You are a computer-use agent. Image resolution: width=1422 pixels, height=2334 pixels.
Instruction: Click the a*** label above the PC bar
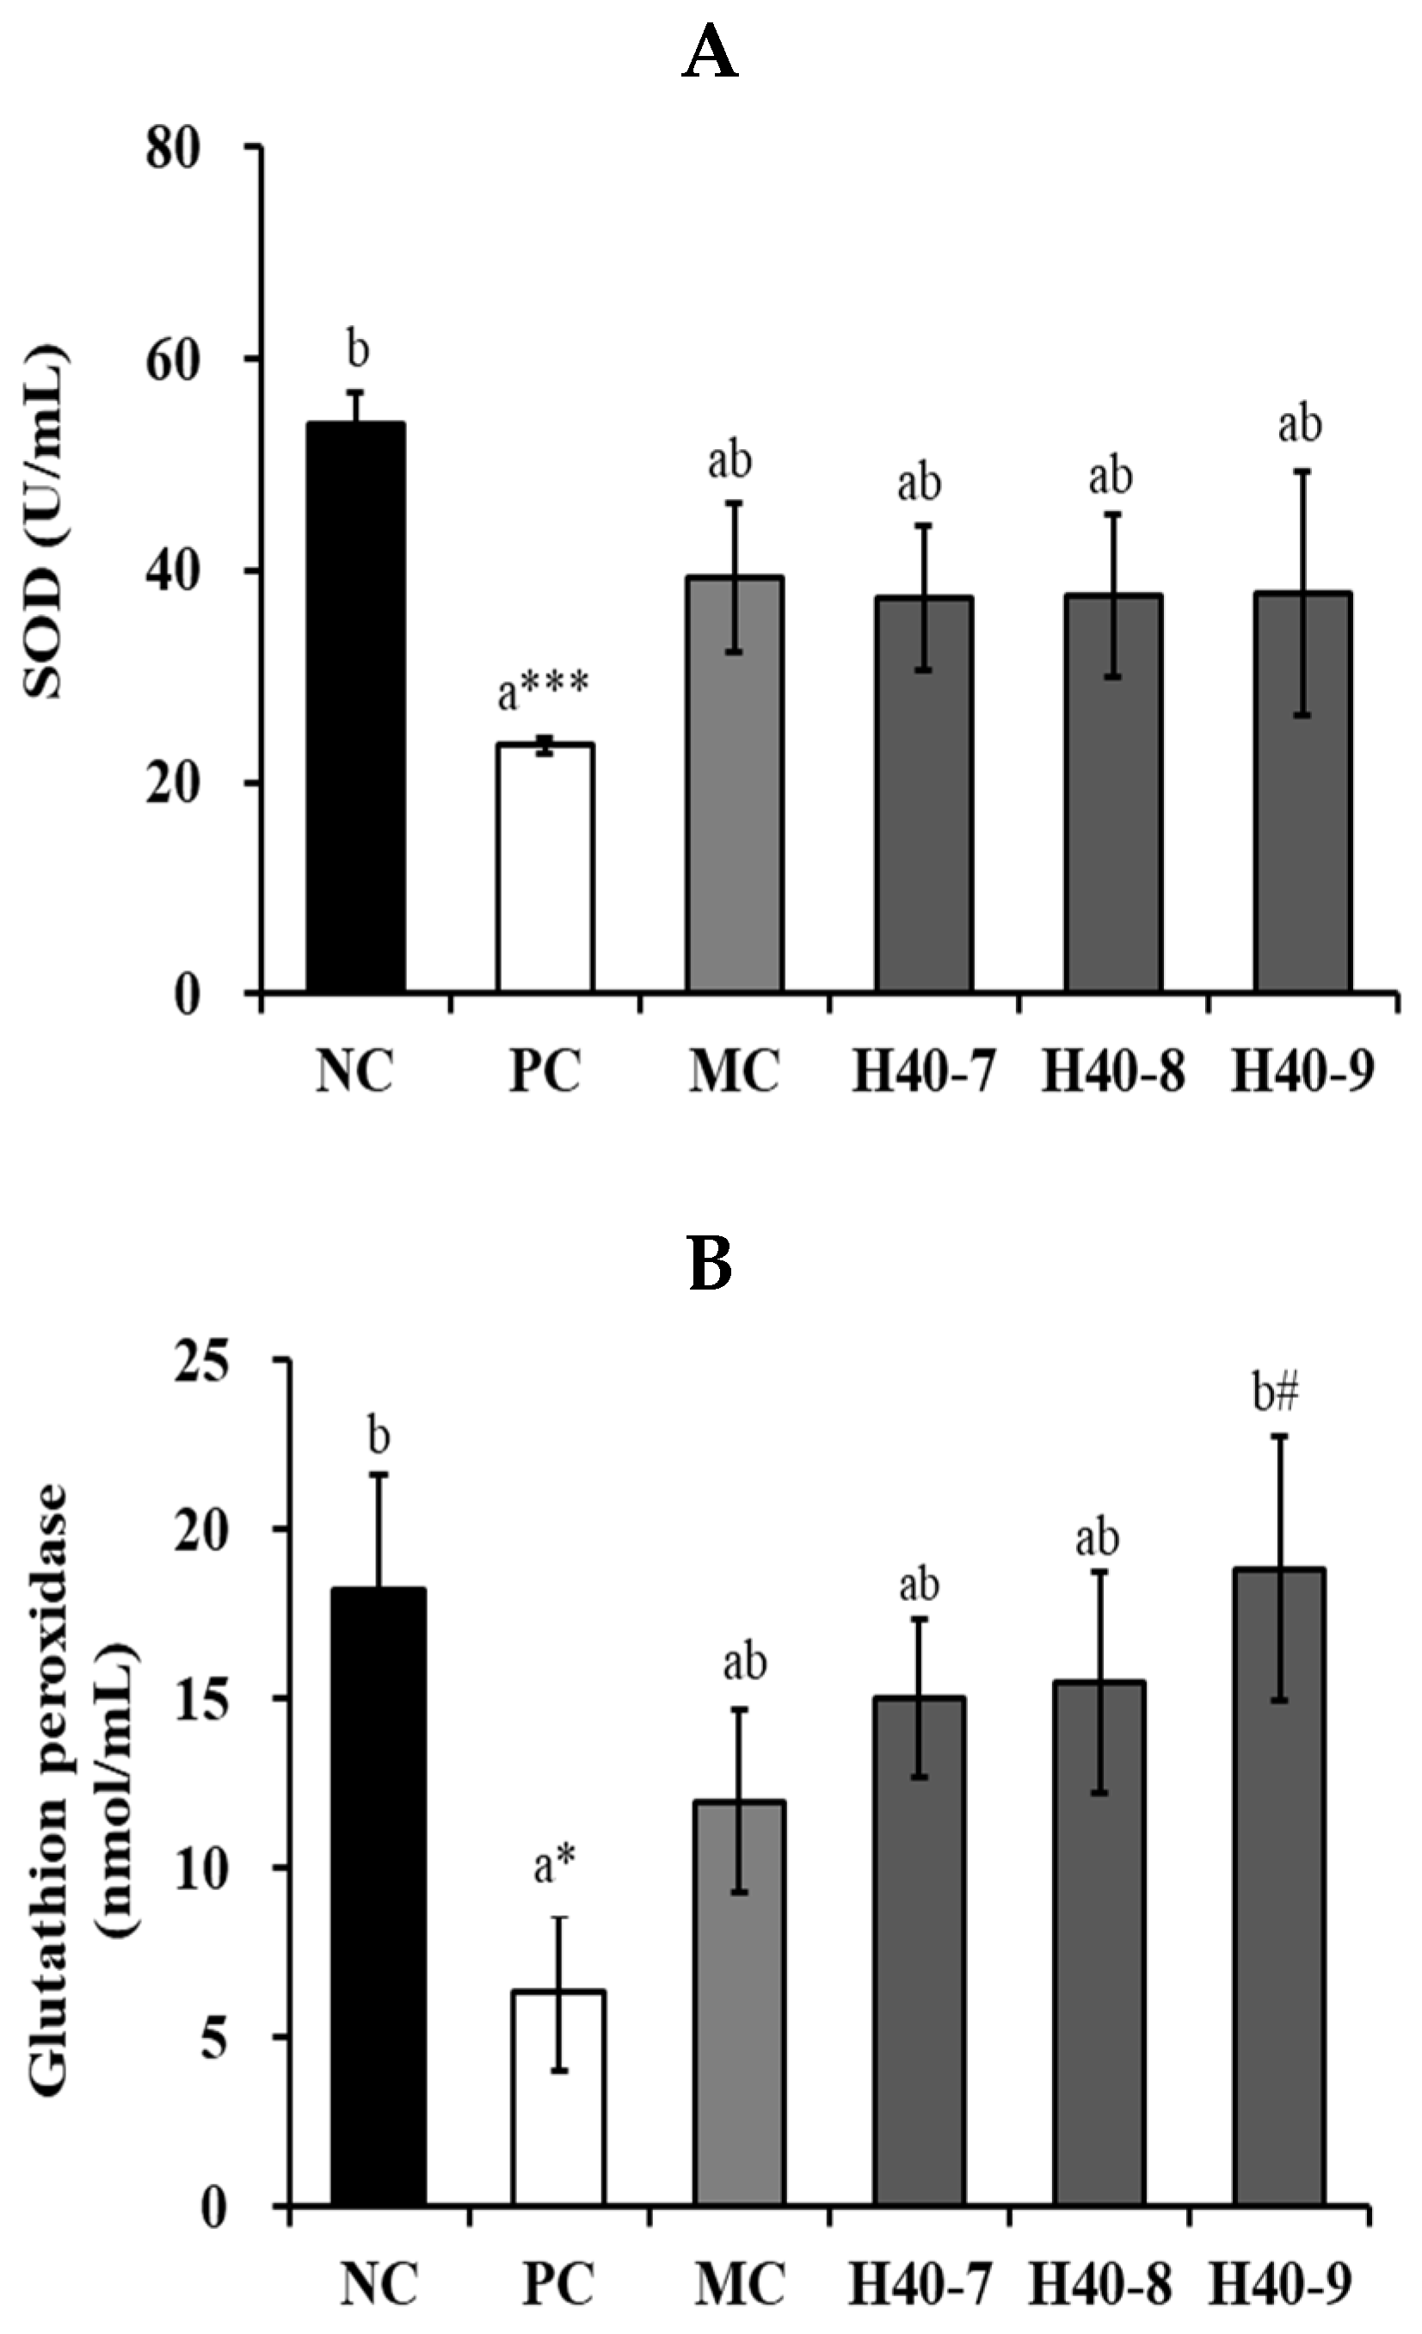pos(543,692)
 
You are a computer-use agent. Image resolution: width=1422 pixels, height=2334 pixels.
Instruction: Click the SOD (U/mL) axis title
pos(45,521)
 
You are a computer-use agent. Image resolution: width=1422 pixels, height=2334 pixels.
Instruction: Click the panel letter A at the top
pos(710,55)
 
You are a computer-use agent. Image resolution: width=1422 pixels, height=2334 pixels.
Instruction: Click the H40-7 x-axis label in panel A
pos(922,1073)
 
